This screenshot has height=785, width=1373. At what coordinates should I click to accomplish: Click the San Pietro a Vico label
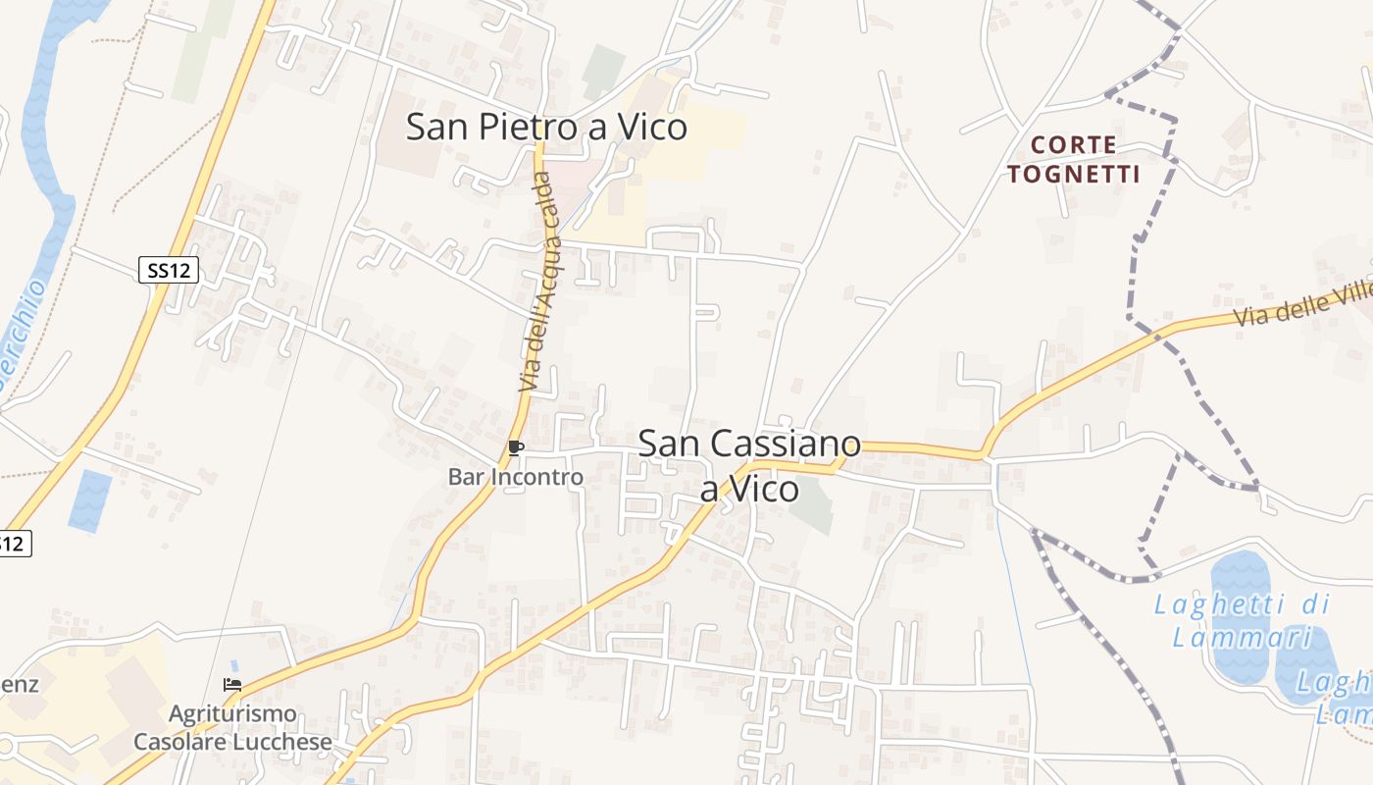[546, 128]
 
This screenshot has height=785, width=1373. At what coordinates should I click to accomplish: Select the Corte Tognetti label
[1073, 160]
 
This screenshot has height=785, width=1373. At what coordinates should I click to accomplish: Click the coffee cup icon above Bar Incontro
[515, 448]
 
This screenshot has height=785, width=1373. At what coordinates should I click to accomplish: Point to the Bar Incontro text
[516, 477]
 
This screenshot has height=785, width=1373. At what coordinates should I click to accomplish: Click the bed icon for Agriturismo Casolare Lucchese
[232, 685]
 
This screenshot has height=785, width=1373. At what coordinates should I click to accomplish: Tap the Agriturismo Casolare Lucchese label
[232, 727]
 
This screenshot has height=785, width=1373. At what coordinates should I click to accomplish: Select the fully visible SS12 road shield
[169, 270]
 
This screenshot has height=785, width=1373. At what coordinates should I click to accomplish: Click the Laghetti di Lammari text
[1242, 620]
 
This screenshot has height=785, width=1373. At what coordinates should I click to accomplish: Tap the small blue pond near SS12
[90, 500]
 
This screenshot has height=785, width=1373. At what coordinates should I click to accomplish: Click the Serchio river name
[22, 334]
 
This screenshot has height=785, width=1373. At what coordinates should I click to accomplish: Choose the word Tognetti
[1073, 175]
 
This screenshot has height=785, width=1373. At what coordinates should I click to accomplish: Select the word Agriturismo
[232, 713]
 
